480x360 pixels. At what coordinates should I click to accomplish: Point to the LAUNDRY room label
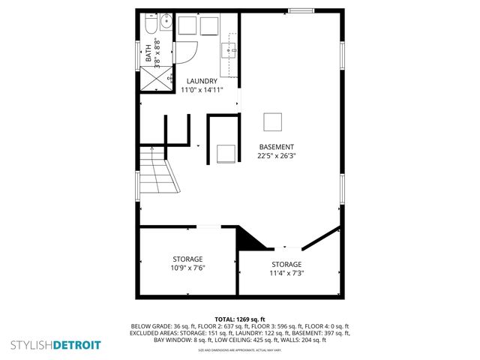(202, 81)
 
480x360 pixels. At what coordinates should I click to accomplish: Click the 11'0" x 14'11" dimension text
(202, 90)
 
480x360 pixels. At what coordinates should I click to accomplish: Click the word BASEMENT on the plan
(277, 147)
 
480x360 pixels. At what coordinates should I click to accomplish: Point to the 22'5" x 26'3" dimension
(277, 156)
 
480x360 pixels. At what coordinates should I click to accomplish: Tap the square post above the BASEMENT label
(273, 121)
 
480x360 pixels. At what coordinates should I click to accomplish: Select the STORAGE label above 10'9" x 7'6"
(188, 259)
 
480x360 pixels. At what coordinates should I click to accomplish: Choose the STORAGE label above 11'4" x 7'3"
(286, 264)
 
